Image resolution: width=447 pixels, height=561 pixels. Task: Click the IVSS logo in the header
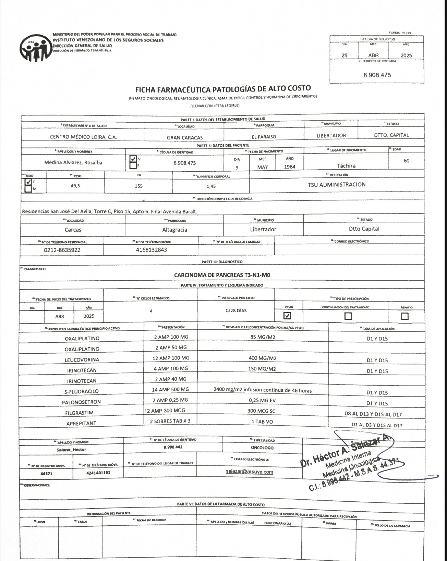click(34, 49)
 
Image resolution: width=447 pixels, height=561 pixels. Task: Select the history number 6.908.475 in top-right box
click(377, 75)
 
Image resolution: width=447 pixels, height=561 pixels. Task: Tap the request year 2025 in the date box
click(406, 56)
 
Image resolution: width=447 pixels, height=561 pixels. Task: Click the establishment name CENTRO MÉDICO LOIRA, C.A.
click(83, 137)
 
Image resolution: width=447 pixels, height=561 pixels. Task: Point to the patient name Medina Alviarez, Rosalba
click(73, 162)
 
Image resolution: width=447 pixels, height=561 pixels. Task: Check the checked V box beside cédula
click(133, 159)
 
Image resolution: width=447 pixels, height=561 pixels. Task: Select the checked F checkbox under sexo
click(28, 182)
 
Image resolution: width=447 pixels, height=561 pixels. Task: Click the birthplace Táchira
click(346, 166)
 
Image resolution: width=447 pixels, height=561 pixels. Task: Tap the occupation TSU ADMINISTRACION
click(337, 185)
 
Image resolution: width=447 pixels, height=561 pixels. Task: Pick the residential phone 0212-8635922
click(62, 250)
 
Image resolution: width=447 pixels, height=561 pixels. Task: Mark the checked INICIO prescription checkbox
click(288, 316)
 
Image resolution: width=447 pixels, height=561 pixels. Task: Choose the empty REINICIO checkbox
click(405, 316)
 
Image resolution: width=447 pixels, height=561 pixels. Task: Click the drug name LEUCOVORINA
click(82, 360)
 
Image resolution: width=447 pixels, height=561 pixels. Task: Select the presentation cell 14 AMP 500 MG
click(170, 390)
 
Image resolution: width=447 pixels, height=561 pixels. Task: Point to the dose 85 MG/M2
click(263, 337)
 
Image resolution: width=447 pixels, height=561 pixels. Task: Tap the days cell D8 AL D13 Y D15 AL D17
click(373, 414)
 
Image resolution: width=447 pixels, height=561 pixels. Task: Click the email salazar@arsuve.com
click(250, 472)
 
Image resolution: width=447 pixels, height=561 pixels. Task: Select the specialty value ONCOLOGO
click(262, 448)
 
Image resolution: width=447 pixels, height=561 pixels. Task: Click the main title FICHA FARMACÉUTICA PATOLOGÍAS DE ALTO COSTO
click(223, 89)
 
